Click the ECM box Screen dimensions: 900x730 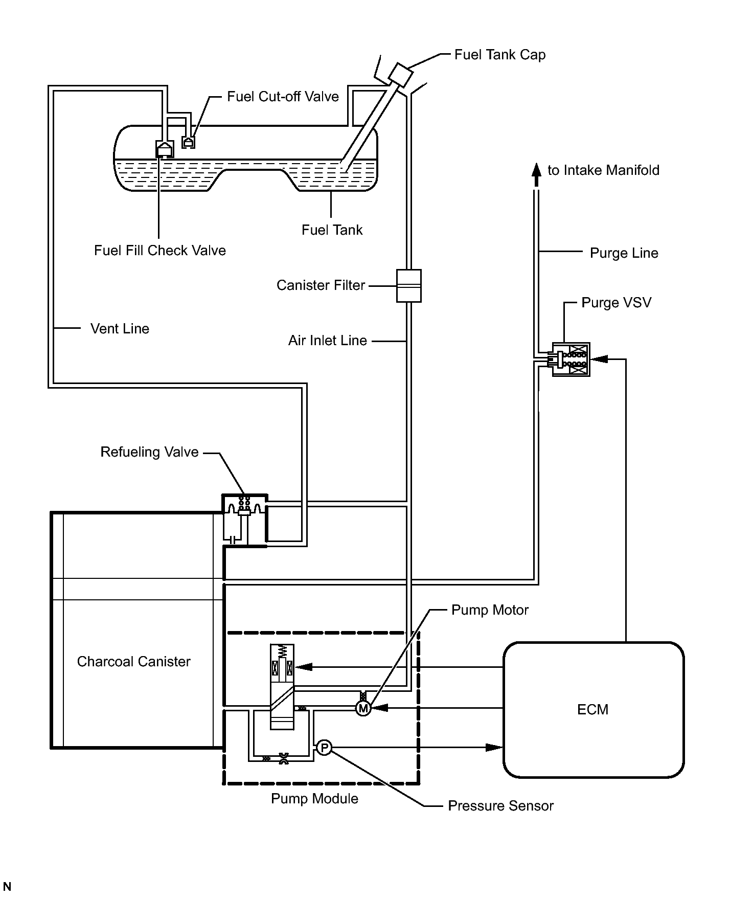[593, 709]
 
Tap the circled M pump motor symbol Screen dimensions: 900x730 [363, 708]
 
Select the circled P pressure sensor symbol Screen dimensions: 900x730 [324, 748]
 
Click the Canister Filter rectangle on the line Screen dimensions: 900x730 [408, 286]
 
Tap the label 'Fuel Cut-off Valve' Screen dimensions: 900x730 [283, 97]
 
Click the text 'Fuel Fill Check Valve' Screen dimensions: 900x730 [159, 251]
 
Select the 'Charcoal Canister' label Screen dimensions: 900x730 [133, 662]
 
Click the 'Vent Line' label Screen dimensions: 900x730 [120, 328]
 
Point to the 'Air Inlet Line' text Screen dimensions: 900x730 [327, 341]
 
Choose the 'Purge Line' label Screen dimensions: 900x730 [624, 253]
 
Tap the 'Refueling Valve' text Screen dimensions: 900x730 [149, 452]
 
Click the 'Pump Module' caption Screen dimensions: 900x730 [314, 799]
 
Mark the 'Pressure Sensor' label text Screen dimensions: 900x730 [500, 806]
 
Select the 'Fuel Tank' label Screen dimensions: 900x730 [332, 230]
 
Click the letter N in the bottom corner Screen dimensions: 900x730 [7, 887]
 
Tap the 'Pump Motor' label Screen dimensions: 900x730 [490, 610]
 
